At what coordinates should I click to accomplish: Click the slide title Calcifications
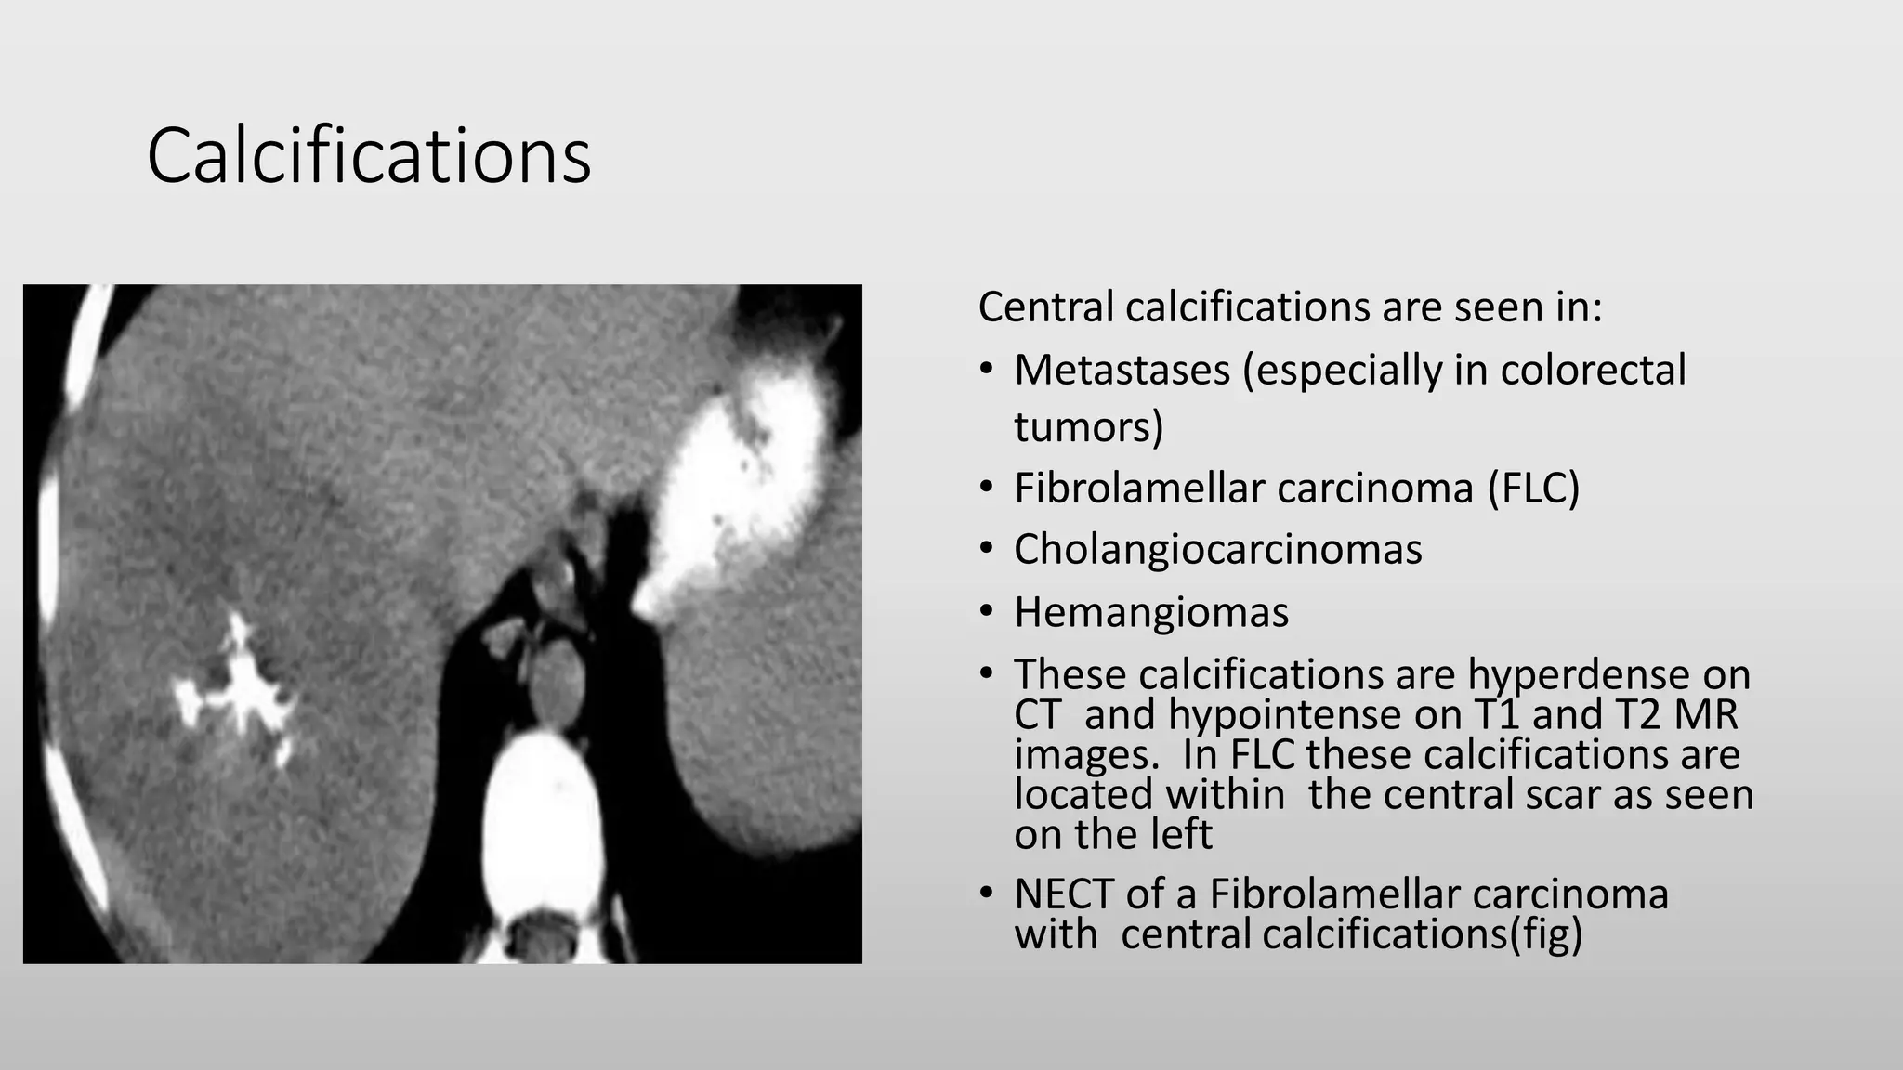[369, 156]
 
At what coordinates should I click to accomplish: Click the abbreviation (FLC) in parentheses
[1533, 489]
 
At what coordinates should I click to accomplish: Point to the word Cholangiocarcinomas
[1217, 549]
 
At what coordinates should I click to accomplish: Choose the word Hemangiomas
[1151, 612]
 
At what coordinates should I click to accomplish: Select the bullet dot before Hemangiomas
[987, 612]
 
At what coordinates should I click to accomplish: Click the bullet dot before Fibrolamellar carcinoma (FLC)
[987, 489]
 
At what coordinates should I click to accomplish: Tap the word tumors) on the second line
[1088, 427]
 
